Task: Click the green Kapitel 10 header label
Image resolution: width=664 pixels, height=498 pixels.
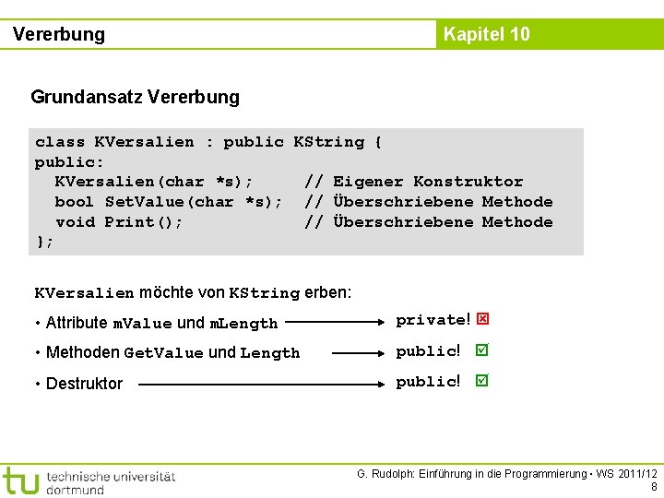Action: pyautogui.click(x=486, y=34)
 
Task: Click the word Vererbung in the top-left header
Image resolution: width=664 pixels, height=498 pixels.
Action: pyautogui.click(x=59, y=35)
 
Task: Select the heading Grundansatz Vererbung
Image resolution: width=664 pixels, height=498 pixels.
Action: pyautogui.click(x=135, y=97)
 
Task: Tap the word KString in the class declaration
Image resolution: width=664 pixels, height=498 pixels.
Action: pyautogui.click(x=328, y=142)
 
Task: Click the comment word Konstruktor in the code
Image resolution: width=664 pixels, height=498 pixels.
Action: pyautogui.click(x=468, y=182)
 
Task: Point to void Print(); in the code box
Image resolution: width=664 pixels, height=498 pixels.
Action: pyautogui.click(x=119, y=222)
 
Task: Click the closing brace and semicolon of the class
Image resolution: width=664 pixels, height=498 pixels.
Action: pyautogui.click(x=44, y=242)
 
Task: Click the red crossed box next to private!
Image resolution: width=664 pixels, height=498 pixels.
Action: pyautogui.click(x=482, y=319)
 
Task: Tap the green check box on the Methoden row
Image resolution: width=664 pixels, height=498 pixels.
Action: pyautogui.click(x=481, y=350)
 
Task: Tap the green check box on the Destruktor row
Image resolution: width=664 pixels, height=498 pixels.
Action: pyautogui.click(x=481, y=381)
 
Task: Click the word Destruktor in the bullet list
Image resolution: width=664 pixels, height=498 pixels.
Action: pyautogui.click(x=84, y=384)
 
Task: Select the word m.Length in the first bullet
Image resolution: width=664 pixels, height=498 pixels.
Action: pyautogui.click(x=243, y=324)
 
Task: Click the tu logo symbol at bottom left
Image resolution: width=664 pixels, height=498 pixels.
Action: pyautogui.click(x=20, y=480)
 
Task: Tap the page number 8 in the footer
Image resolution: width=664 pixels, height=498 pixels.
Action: pyautogui.click(x=653, y=487)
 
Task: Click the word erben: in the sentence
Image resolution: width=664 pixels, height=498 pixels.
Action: pyautogui.click(x=327, y=293)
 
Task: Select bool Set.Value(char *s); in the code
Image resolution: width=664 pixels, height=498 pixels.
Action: pyautogui.click(x=169, y=202)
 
